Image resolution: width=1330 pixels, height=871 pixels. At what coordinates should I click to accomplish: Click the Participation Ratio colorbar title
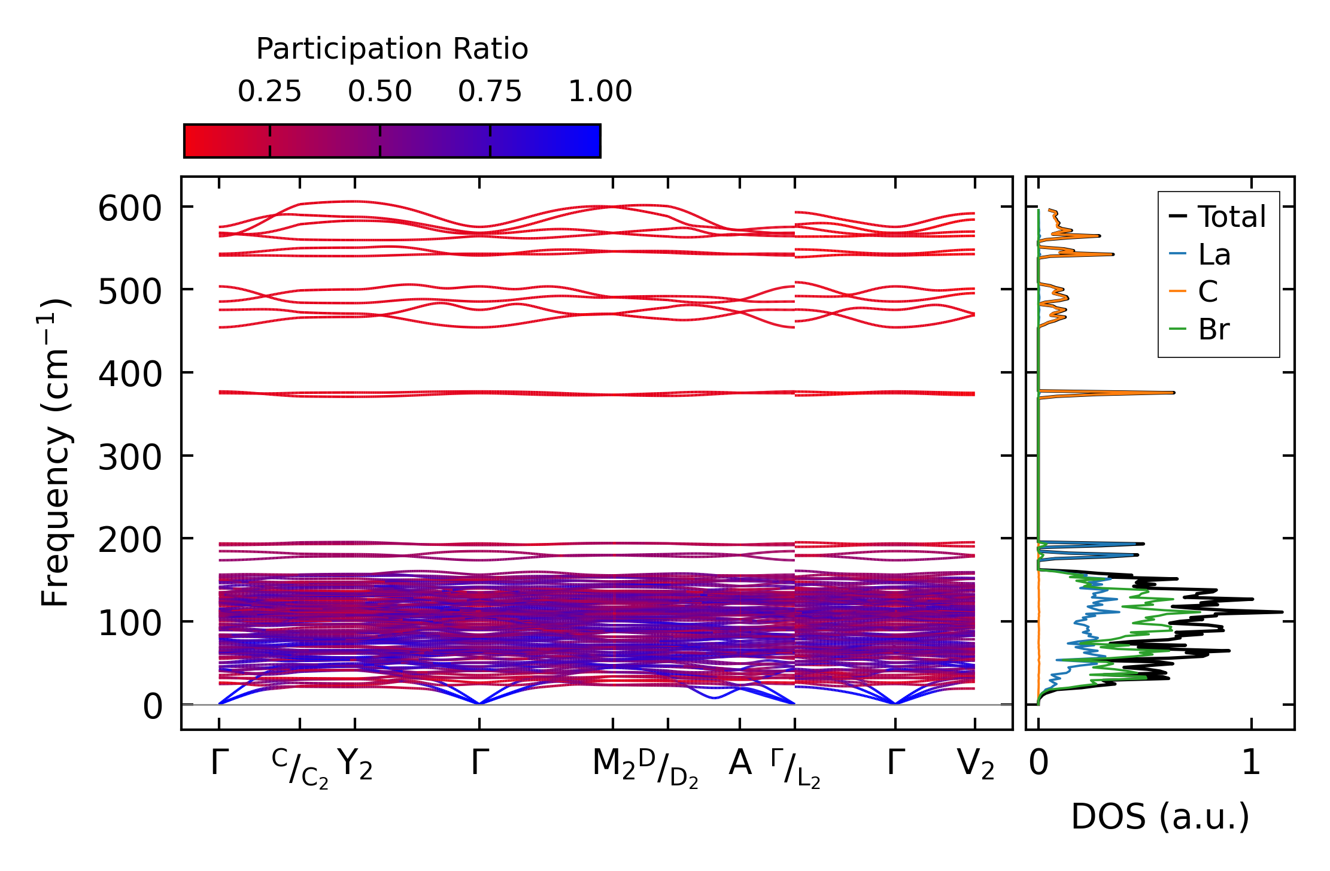pos(392,49)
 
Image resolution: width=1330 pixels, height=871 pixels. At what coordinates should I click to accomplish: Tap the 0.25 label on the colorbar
pos(269,92)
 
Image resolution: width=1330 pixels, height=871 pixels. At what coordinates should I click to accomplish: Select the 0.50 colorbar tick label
pos(379,92)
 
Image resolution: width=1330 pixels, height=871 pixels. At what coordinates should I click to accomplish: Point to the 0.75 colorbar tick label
pos(490,92)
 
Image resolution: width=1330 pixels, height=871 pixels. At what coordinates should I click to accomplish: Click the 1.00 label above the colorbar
pos(600,92)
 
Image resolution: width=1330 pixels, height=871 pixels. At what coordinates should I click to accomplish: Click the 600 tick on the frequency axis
pos(130,210)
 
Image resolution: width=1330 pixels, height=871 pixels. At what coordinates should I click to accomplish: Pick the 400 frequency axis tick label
pos(130,375)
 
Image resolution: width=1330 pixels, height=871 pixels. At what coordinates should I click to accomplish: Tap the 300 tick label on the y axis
pos(130,459)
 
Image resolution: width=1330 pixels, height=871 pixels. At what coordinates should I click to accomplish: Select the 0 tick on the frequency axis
pos(152,707)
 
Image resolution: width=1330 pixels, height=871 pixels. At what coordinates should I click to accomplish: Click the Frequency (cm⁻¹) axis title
pos(55,453)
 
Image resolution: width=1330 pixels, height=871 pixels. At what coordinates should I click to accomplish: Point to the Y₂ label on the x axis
pos(355,765)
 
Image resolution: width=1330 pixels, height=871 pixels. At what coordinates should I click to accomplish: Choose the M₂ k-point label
pos(614,765)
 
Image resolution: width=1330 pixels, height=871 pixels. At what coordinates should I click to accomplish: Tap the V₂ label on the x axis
pos(976,765)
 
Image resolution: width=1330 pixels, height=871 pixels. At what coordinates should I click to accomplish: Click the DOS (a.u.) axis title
pos(1160,817)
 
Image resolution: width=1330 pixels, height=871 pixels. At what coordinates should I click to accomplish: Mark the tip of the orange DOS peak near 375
pos(1174,393)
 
